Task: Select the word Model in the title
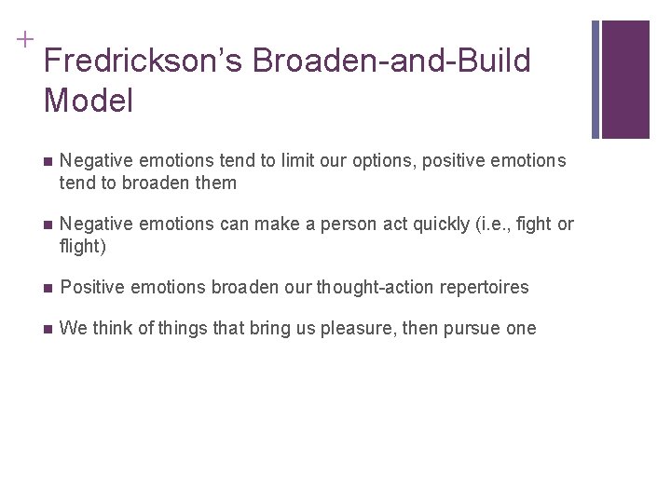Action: (89, 101)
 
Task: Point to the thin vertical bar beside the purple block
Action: (596, 79)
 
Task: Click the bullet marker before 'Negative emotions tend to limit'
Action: (47, 161)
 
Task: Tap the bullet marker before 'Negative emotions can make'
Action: (47, 225)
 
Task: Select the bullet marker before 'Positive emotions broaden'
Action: (47, 288)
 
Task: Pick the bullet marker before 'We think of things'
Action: (47, 328)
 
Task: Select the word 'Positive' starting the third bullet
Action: (91, 288)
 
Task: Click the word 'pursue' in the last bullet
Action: (469, 328)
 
